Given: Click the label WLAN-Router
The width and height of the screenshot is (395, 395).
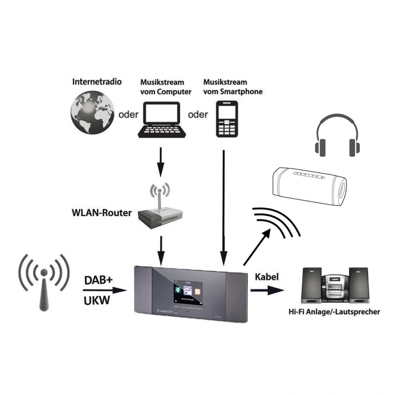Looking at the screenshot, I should [x=102, y=213].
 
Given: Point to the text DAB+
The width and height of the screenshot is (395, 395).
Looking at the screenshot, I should [x=98, y=280].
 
